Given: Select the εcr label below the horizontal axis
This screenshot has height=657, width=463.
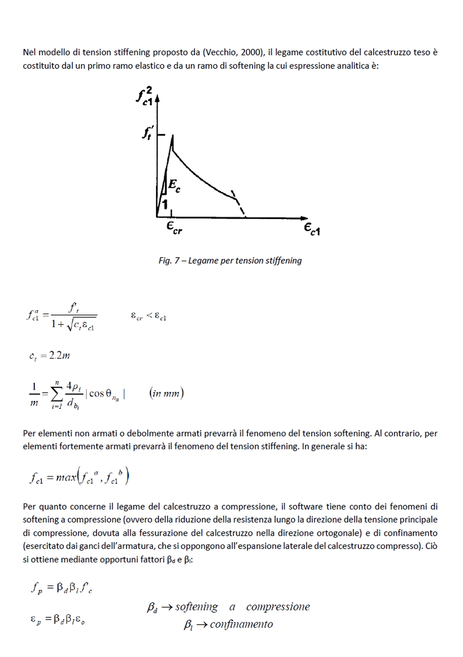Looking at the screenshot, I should coord(173,228).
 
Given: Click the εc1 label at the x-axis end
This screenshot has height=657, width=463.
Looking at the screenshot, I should coord(311,230).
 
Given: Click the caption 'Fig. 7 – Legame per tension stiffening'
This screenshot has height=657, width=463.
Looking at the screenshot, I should coord(230,261).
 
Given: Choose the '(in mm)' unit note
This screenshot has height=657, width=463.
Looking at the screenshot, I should coord(167,394).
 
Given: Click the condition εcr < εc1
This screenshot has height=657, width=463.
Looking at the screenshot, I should coord(148,316).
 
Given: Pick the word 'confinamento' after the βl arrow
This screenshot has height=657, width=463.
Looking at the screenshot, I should coord(241,625).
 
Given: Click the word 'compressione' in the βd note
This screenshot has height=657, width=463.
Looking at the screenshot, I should coord(278,607).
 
